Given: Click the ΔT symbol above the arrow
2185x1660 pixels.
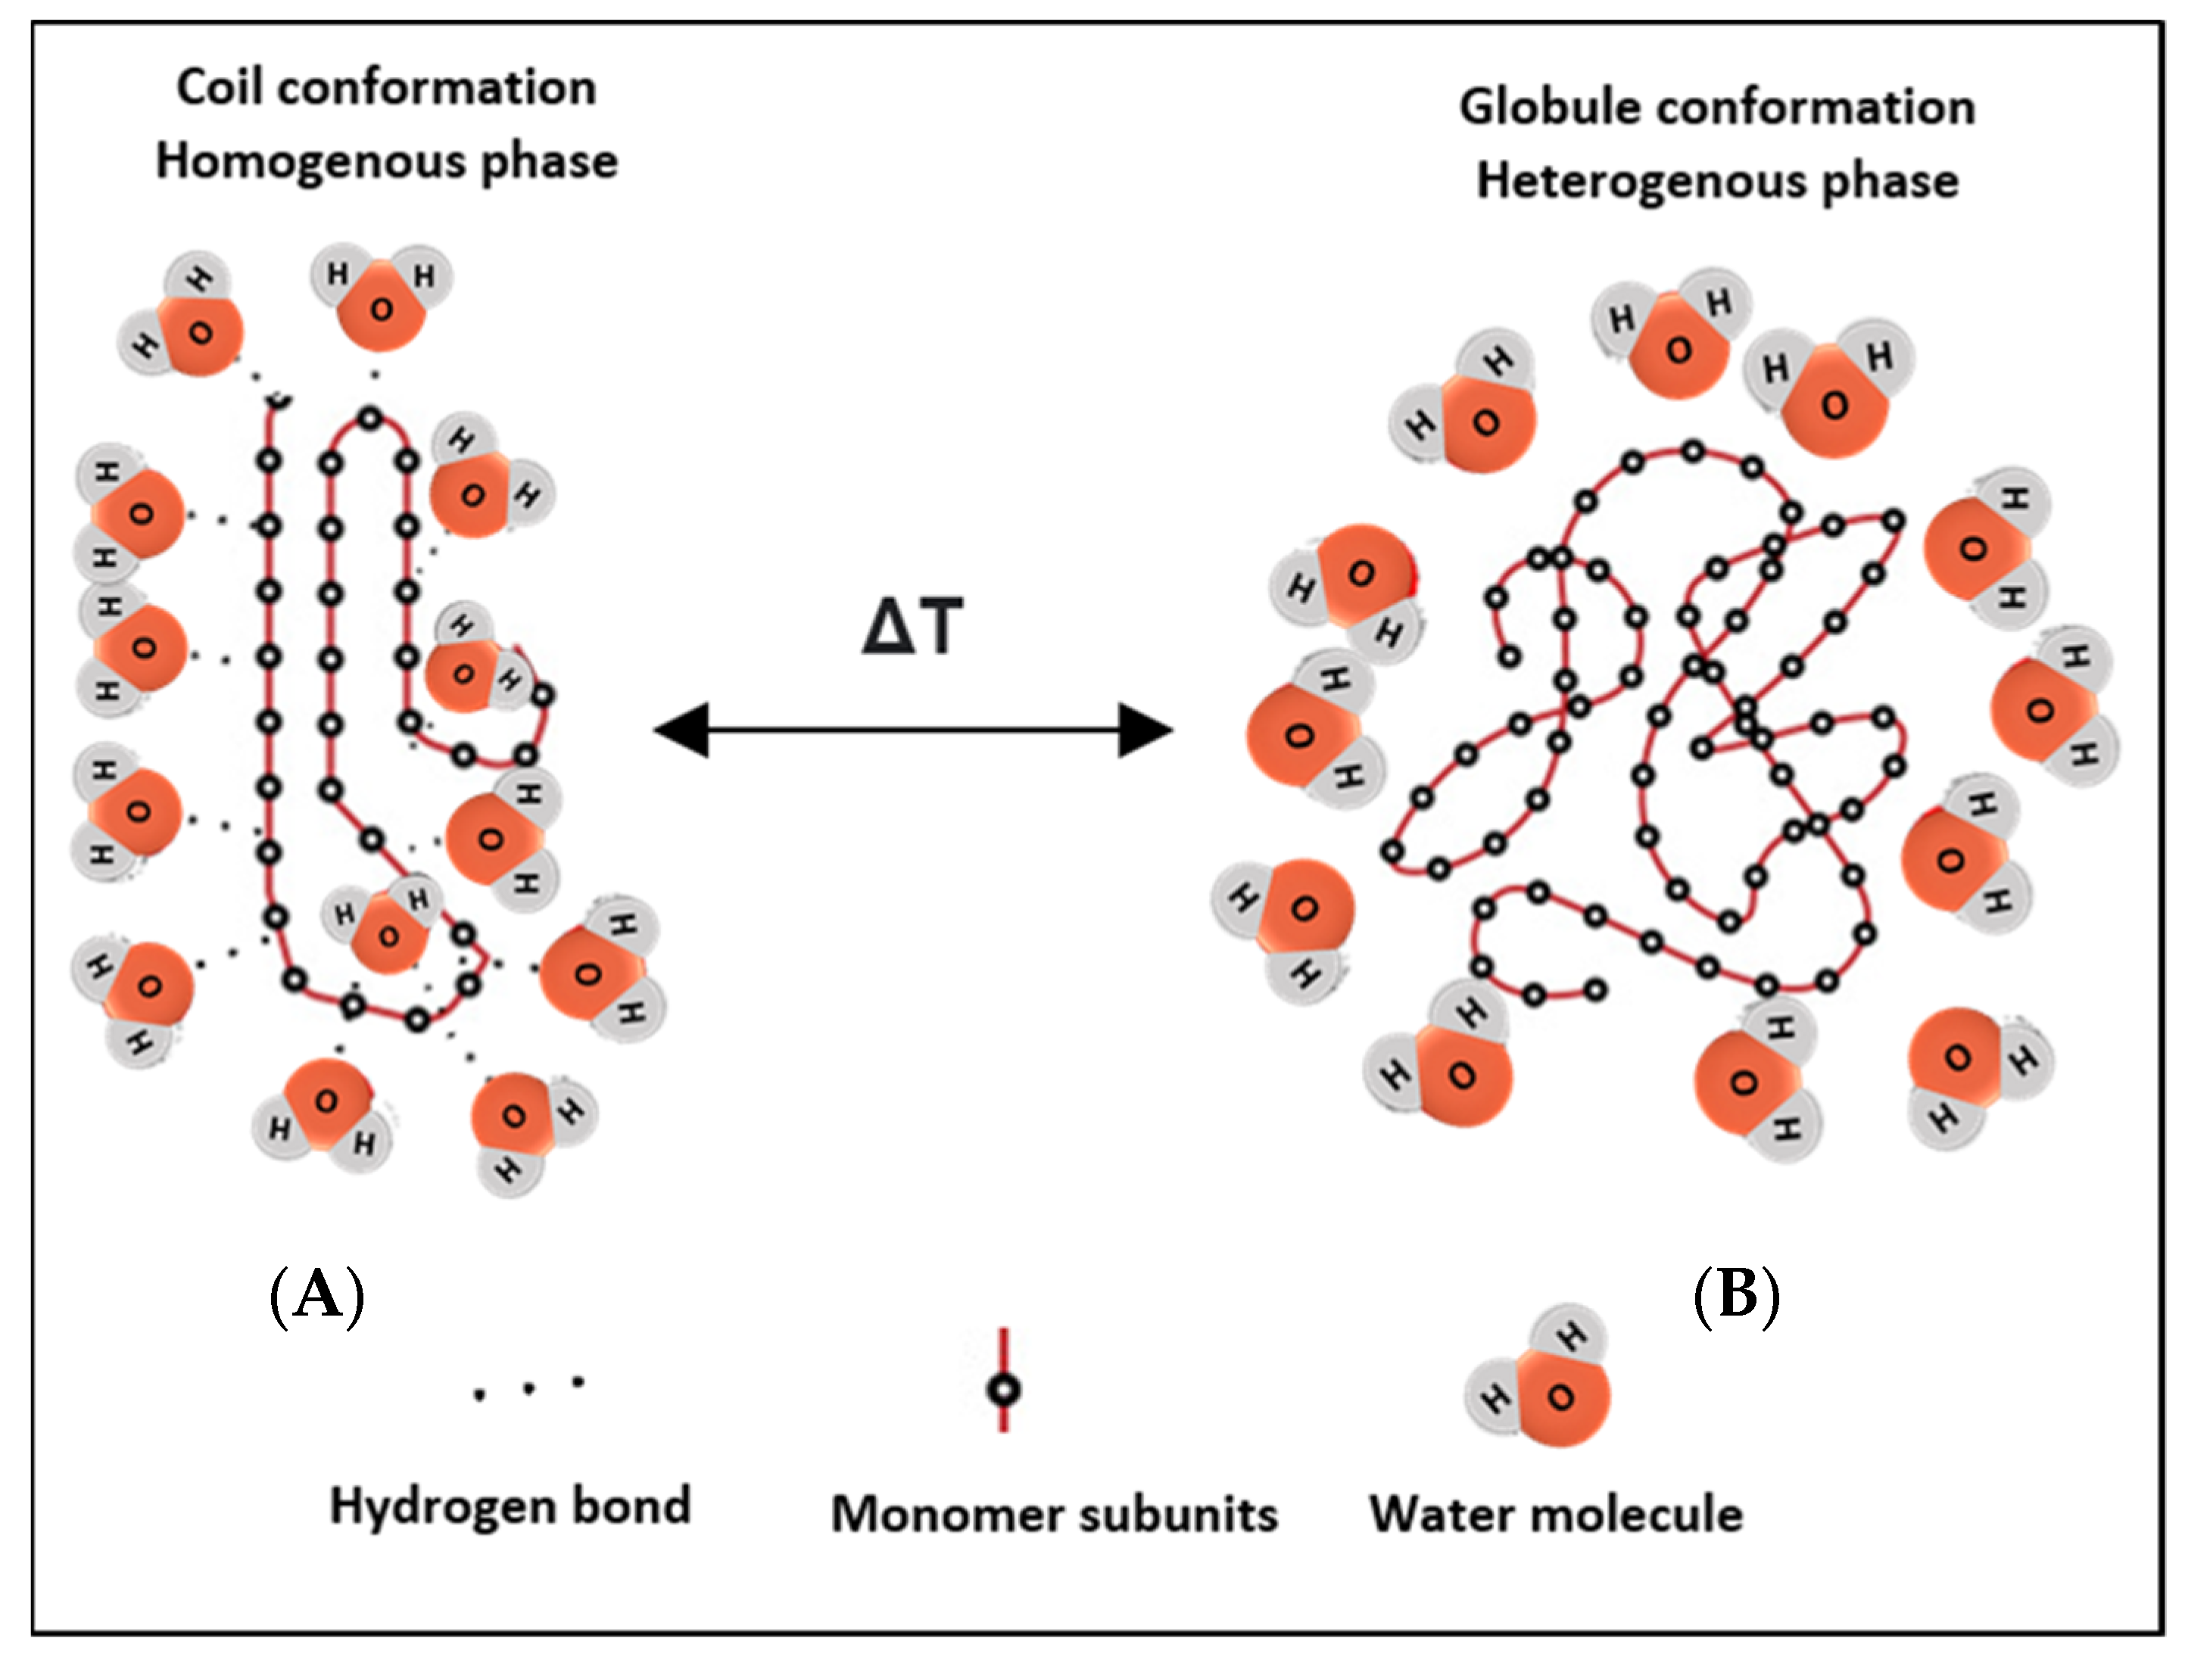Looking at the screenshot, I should pos(911,627).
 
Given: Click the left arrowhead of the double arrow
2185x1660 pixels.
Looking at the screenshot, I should pos(683,730).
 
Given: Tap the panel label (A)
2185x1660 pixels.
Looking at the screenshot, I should pos(317,1294).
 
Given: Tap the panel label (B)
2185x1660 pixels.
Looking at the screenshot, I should pos(1736,1294).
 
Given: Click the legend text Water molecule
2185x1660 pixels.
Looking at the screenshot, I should pos(1556,1515).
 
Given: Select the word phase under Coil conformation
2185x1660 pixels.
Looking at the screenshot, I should pos(548,162).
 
